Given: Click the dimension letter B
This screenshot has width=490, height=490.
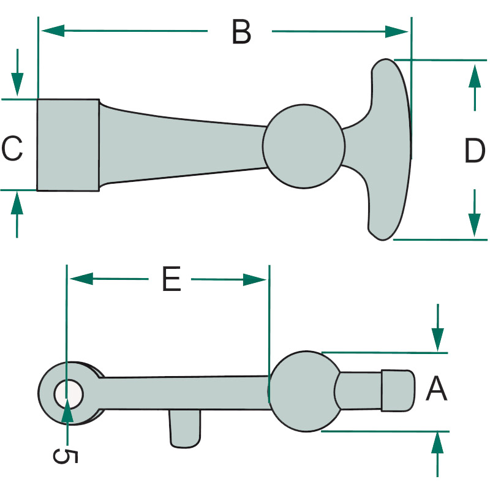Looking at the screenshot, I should pos(241,32).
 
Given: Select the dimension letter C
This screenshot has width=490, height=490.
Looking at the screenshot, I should pos(12,149).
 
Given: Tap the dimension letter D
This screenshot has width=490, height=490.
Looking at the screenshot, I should pos(475,151).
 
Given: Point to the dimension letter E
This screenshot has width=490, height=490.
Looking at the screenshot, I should pos(171,279).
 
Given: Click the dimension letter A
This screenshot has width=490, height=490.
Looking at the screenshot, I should pos(437,390).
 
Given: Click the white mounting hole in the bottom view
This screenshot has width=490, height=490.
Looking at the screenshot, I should pos(69,392).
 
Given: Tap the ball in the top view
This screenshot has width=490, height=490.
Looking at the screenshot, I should pos(303,145).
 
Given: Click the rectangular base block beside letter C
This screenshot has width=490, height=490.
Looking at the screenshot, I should pos(67,145).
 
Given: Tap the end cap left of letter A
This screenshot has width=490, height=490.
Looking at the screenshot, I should pos(397,390).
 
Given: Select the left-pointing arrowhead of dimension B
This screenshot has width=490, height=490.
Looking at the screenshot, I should pos(53,30).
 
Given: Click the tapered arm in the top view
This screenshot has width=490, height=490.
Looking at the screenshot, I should pos(184,145).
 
